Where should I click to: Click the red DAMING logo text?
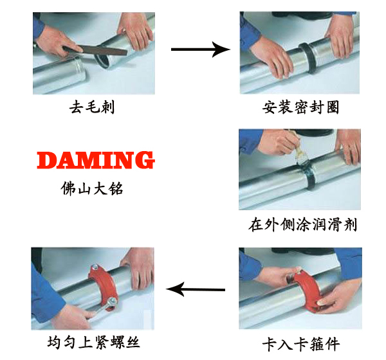click(x=95, y=160)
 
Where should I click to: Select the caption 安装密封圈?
click(x=300, y=107)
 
